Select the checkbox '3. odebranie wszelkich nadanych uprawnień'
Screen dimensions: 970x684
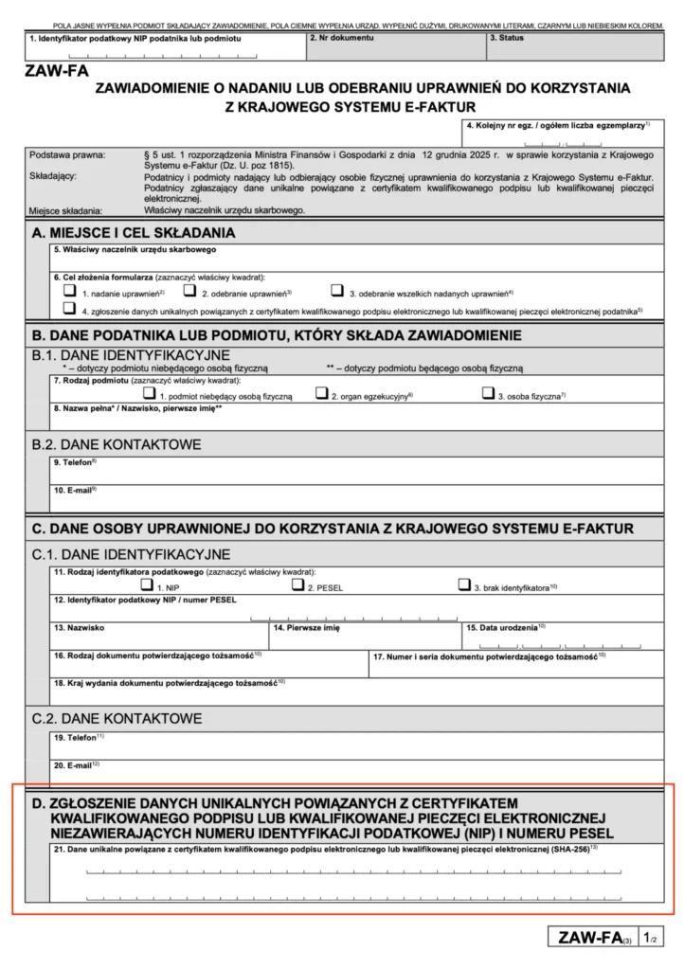coord(337,293)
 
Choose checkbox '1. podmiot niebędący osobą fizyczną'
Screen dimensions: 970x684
coord(149,393)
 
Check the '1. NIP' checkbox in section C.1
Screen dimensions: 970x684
coord(147,585)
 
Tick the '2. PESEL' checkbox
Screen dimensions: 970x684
coord(298,585)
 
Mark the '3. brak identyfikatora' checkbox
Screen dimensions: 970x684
coord(464,585)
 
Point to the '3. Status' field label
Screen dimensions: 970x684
coord(507,38)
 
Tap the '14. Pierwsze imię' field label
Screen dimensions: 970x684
coord(307,627)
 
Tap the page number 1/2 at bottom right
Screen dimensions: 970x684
coord(650,938)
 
